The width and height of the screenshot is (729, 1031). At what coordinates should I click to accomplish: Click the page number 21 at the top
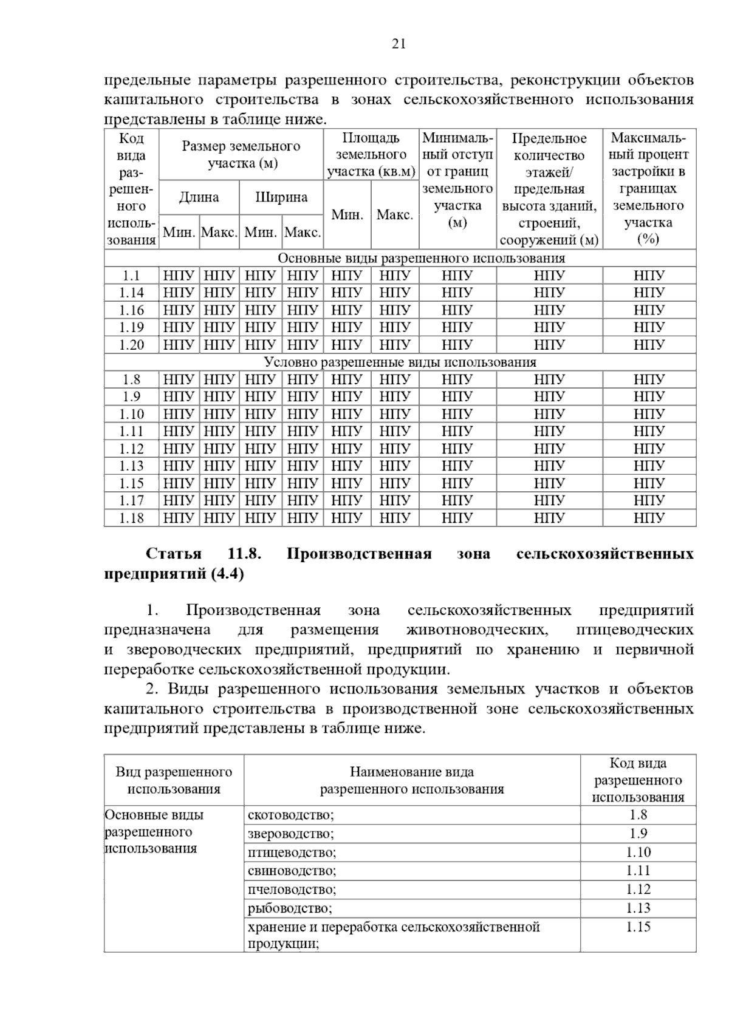click(x=399, y=44)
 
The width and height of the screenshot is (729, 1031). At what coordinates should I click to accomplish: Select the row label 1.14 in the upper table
click(x=131, y=293)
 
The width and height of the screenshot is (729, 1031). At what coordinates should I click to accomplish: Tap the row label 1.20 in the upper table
click(x=131, y=345)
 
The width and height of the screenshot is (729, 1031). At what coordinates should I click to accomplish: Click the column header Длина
click(x=199, y=197)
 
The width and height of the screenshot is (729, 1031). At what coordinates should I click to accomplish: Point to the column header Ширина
click(x=281, y=197)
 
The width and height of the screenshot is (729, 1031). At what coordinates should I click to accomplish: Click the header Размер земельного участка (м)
click(x=241, y=154)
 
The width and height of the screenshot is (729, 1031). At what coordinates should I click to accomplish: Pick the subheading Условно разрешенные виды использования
click(x=400, y=362)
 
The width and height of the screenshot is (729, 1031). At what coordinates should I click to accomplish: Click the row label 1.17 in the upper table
click(x=131, y=501)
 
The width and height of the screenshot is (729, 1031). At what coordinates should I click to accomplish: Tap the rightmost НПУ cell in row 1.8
click(x=649, y=380)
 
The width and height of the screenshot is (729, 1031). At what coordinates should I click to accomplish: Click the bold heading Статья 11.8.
click(x=204, y=554)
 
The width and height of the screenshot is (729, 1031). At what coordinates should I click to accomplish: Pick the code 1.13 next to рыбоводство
click(x=638, y=908)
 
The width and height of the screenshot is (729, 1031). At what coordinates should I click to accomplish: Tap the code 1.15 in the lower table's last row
click(x=638, y=927)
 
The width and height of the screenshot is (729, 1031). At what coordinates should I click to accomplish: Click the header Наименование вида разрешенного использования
click(x=412, y=780)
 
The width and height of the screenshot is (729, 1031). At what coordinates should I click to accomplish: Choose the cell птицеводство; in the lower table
click(x=292, y=852)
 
